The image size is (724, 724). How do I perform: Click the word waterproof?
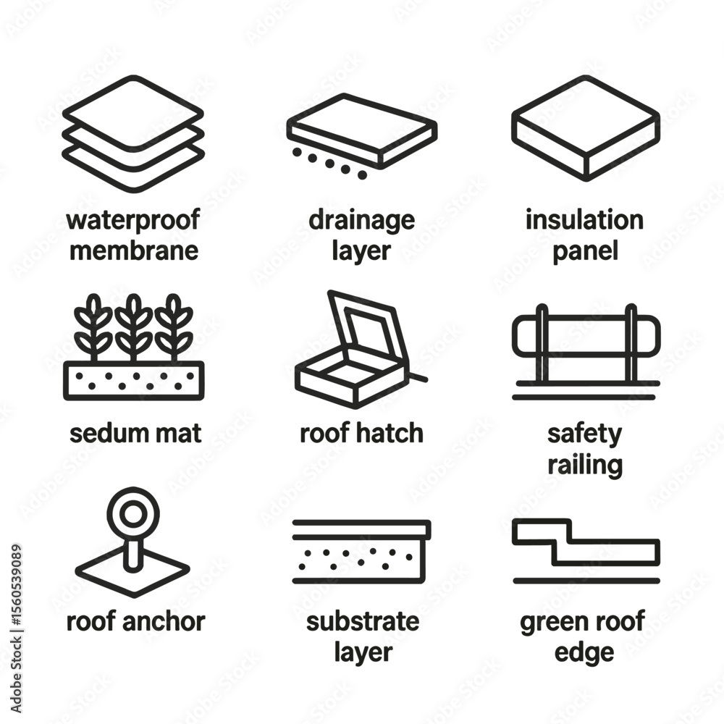click(x=133, y=220)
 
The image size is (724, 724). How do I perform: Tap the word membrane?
click(x=134, y=251)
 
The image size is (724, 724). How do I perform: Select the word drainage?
click(x=361, y=221)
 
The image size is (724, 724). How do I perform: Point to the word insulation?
click(x=584, y=220)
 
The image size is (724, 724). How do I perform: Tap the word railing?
click(x=585, y=465)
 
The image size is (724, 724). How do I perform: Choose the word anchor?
click(x=164, y=621)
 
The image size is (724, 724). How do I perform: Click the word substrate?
click(x=363, y=621)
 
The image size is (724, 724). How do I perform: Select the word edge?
click(x=584, y=653)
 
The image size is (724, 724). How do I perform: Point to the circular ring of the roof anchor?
click(x=133, y=513)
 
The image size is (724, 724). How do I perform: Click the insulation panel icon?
click(x=586, y=128)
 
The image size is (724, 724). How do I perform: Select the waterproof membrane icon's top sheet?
click(x=133, y=113)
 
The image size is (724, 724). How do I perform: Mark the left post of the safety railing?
click(x=542, y=343)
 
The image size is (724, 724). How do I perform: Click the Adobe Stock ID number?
click(x=17, y=586)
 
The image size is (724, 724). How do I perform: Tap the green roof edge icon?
click(x=586, y=551)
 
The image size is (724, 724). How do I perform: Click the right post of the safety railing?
click(x=631, y=343)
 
